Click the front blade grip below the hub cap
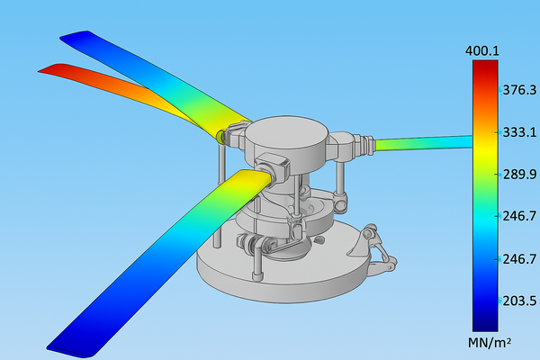[273, 166]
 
